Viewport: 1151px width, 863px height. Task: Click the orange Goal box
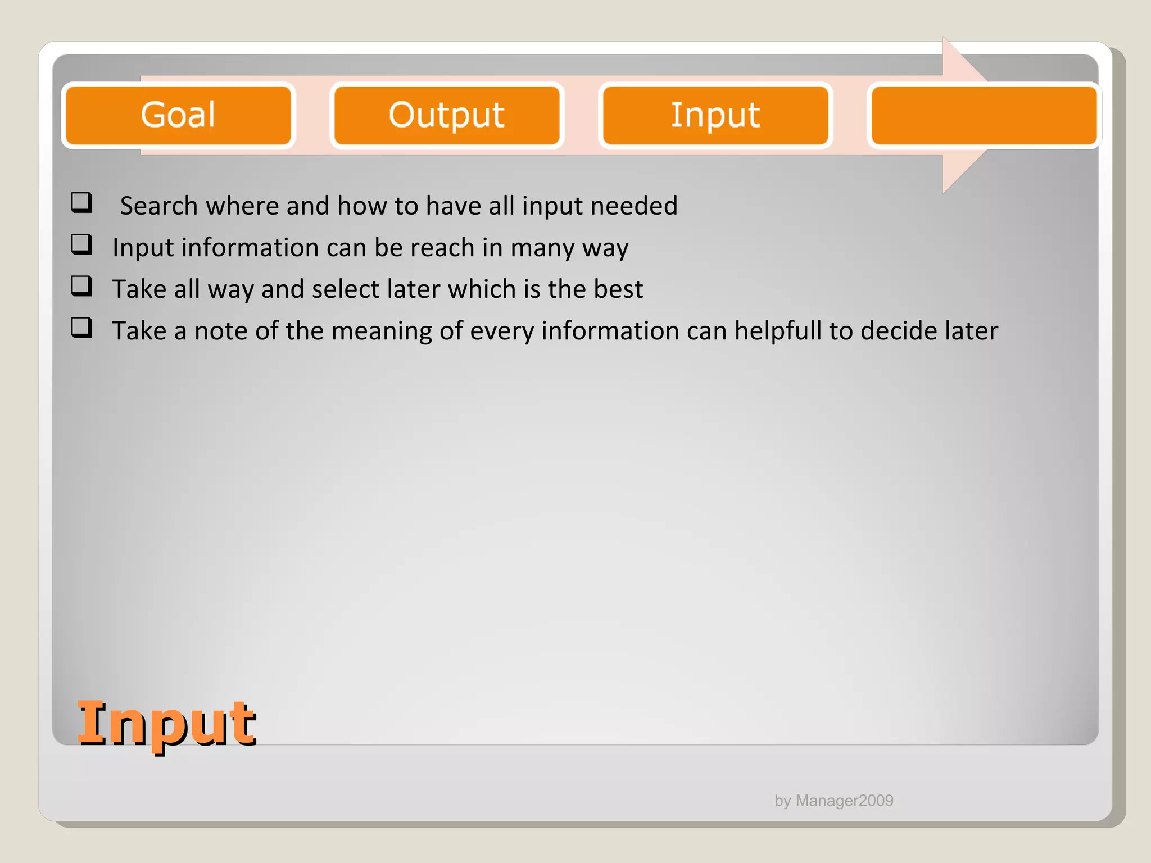click(x=178, y=115)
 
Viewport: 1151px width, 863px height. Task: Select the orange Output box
click(x=447, y=115)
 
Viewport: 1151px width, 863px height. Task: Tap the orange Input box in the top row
click(x=715, y=115)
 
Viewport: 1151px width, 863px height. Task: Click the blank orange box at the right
click(x=984, y=115)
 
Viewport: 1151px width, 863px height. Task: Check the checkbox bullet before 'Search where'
click(x=81, y=202)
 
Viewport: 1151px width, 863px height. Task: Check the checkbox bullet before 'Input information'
click(x=81, y=244)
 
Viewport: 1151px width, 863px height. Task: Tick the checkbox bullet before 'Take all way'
click(x=81, y=286)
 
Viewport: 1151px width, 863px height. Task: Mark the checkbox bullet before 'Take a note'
click(x=81, y=328)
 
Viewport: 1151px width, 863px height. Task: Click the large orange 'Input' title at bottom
click(x=167, y=724)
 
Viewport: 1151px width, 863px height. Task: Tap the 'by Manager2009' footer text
click(x=834, y=801)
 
